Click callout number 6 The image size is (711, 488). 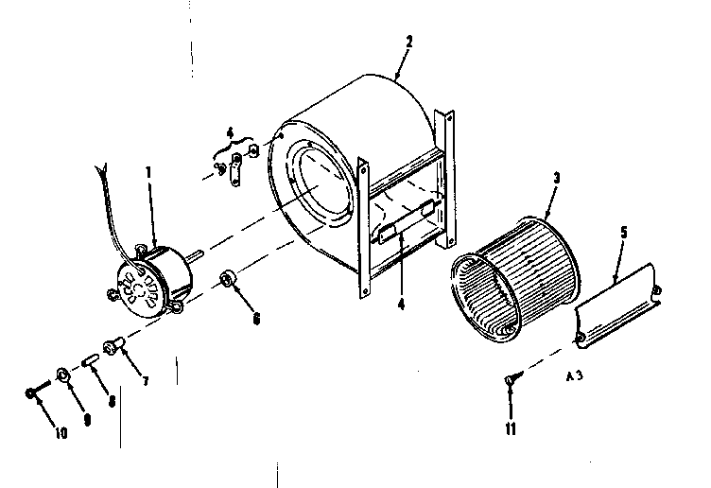click(254, 319)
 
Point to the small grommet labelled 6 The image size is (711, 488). click(228, 280)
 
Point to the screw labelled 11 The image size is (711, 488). click(511, 380)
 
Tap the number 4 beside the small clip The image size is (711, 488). click(230, 131)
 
